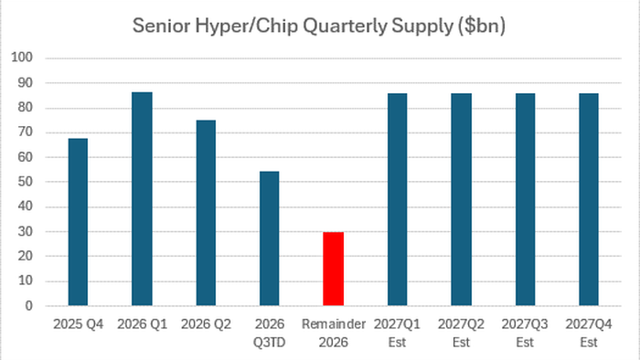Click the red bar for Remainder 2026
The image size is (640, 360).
coord(333,269)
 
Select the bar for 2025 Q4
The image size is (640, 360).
coord(78,222)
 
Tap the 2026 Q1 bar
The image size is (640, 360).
coord(142,199)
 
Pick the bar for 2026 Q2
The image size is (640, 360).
coord(206,213)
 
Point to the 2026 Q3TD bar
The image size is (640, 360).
coord(270,238)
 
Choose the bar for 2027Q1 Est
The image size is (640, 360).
coord(397,199)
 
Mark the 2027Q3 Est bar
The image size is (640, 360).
coord(525,199)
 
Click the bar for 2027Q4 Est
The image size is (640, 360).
coord(589,199)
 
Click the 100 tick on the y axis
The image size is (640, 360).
coord(22,57)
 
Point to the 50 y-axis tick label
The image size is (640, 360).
coord(25,182)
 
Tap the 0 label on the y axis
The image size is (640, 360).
coord(28,306)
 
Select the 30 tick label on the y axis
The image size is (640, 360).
coord(25,231)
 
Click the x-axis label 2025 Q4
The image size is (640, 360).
coord(78,324)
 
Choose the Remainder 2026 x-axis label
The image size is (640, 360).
coord(334,334)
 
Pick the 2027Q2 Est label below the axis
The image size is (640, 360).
coord(461,334)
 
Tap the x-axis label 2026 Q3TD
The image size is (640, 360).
coord(270,334)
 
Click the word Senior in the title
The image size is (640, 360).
coord(162,26)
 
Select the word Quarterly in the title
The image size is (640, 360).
coord(345,26)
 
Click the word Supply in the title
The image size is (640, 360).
coord(422,26)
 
